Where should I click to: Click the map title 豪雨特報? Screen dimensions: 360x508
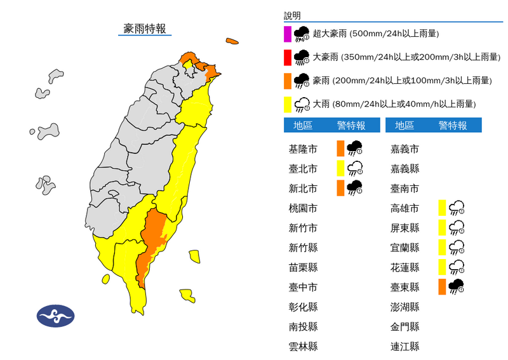(x=145, y=29)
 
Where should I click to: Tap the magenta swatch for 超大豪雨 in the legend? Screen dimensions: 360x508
(x=288, y=34)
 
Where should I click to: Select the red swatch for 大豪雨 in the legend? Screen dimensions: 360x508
(x=288, y=57)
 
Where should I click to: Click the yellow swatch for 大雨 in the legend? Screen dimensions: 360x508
(x=288, y=103)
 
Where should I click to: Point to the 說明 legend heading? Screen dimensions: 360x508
(x=292, y=16)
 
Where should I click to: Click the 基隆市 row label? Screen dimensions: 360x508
(x=303, y=149)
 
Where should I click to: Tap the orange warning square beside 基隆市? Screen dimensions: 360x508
(x=340, y=149)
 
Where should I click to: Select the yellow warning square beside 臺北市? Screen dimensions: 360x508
(x=340, y=168)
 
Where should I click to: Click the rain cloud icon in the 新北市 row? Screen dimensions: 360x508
(x=354, y=188)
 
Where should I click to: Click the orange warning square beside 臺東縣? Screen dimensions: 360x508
(x=441, y=286)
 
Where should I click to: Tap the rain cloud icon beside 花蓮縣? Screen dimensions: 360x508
(x=457, y=267)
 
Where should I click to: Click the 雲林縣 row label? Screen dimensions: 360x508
(x=303, y=346)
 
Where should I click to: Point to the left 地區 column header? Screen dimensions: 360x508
(x=303, y=126)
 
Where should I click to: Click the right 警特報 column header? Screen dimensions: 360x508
(x=452, y=126)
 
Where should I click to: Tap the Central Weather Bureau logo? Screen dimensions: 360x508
(x=55, y=315)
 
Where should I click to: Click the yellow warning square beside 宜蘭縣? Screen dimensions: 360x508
(x=441, y=247)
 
